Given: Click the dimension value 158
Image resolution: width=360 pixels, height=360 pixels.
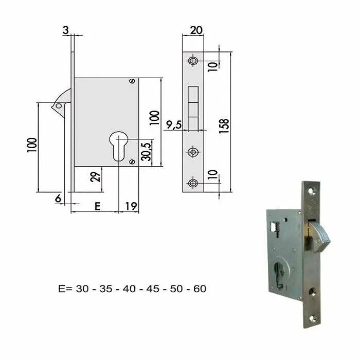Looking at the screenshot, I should click(x=225, y=125).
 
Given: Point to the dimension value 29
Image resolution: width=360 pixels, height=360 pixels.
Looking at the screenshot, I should click(x=95, y=177).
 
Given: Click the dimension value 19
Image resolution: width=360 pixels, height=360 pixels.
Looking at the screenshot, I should click(x=130, y=206).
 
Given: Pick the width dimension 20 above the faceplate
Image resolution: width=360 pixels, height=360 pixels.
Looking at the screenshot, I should click(x=195, y=30).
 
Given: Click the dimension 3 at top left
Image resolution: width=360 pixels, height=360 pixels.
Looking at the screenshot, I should click(x=66, y=30).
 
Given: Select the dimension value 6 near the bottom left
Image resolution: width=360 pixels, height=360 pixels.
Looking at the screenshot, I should click(x=58, y=198).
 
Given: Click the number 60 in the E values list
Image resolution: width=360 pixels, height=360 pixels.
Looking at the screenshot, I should click(x=199, y=289).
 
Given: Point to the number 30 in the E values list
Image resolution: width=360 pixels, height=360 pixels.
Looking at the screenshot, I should click(x=82, y=289).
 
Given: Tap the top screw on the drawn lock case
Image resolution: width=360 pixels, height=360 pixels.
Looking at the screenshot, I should click(x=133, y=81).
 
